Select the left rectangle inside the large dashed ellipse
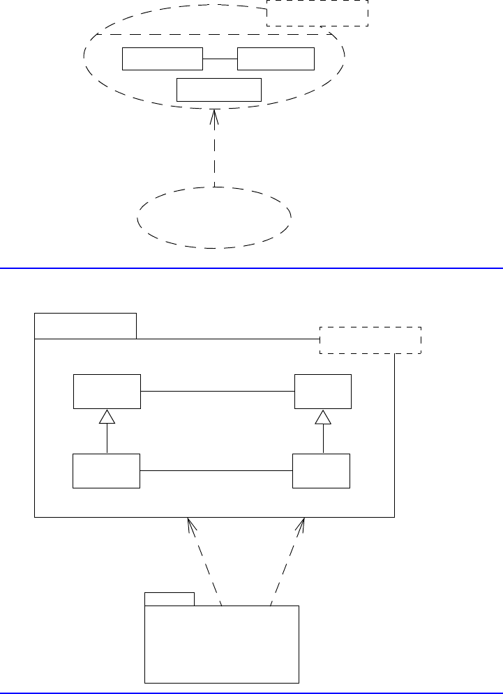tap(163, 59)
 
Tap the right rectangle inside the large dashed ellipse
tap(276, 59)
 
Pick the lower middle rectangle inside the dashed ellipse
tap(219, 90)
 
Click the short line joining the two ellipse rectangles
tap(220, 59)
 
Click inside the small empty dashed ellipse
tap(214, 217)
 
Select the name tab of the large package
tap(85, 326)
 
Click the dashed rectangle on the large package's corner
tap(370, 340)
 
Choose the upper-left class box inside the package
tap(107, 392)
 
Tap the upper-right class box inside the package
tap(323, 392)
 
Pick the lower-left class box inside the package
tap(106, 471)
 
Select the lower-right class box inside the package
tap(322, 471)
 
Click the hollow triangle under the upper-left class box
tap(106, 417)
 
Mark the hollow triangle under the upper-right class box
tap(322, 417)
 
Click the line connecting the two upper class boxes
tap(218, 392)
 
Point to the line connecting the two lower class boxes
tap(216, 471)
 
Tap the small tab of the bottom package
tap(169, 599)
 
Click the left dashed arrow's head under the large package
tap(188, 525)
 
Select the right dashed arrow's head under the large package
tap(302, 525)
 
